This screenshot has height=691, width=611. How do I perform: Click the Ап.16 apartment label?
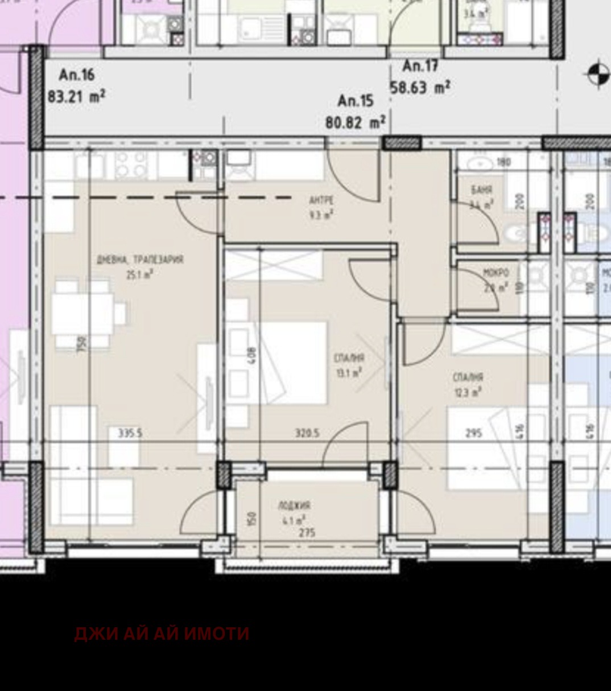(76, 75)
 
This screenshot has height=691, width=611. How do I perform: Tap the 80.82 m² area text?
(356, 122)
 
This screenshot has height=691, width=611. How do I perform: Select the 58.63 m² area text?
(420, 88)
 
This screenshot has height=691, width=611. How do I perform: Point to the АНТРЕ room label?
(321, 200)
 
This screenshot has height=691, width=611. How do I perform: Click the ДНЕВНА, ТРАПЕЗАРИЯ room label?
(140, 260)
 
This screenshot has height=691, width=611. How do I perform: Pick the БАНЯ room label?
(481, 190)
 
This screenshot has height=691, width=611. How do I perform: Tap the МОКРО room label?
(496, 273)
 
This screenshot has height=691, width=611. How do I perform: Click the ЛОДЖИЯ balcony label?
(294, 505)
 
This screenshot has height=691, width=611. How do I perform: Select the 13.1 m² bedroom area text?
(349, 373)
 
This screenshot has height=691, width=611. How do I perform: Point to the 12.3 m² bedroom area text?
(468, 392)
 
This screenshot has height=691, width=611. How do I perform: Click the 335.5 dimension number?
(130, 433)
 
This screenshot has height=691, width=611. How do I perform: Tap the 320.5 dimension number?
(307, 433)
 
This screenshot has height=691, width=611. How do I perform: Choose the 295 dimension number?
(473, 433)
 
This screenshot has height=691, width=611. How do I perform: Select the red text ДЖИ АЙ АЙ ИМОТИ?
(162, 634)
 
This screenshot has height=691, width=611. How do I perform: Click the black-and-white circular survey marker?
(597, 74)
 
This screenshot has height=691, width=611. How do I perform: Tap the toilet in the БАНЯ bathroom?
(517, 232)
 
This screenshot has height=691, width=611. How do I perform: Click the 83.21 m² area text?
(76, 96)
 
